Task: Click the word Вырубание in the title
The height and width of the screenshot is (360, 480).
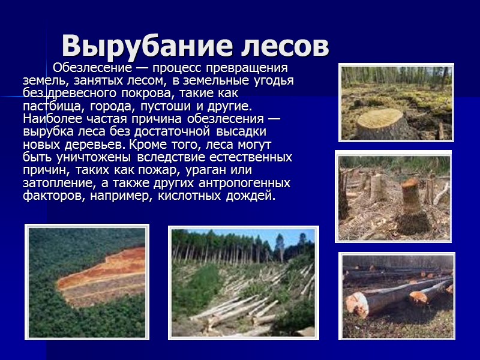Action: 142,46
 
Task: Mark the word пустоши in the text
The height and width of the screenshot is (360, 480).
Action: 164,106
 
